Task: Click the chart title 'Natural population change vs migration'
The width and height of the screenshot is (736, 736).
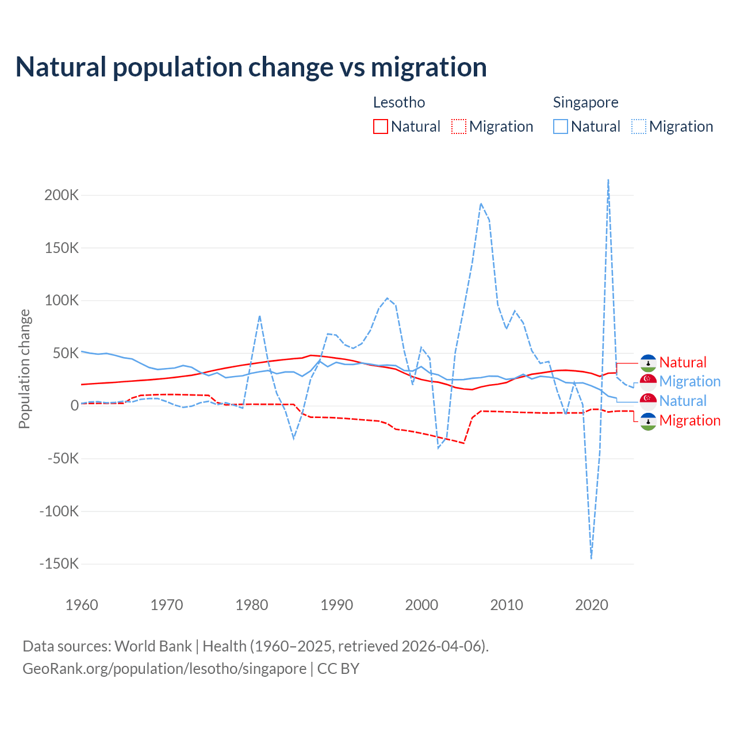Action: [x=251, y=67]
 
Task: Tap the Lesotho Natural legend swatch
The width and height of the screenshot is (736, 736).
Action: [x=380, y=126]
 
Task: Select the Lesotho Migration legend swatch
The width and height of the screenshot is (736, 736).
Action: [x=458, y=126]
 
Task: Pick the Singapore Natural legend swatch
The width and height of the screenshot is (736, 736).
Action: [x=560, y=126]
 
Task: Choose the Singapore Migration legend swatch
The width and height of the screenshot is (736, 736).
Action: [x=638, y=126]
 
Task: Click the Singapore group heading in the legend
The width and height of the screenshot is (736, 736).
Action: [x=585, y=102]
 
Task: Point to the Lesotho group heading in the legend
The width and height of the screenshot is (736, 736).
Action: [x=399, y=102]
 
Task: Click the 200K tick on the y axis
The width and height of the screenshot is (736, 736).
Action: [x=62, y=195]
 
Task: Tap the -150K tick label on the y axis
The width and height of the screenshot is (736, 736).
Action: [x=59, y=563]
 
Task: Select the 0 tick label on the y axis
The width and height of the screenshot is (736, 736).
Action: [x=74, y=405]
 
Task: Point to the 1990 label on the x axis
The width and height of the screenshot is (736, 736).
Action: [x=336, y=605]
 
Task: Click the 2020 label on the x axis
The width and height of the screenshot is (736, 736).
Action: [x=591, y=605]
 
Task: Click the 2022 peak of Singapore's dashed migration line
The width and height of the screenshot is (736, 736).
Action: [x=608, y=181]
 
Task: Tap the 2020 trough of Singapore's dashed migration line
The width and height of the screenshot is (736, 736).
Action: [x=591, y=557]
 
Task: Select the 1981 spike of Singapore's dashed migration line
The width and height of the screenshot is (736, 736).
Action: [x=260, y=316]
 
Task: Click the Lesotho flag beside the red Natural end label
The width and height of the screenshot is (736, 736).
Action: [x=648, y=363]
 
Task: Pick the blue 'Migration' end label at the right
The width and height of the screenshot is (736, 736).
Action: [x=689, y=381]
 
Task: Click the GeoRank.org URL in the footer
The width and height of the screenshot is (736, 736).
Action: [x=164, y=669]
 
